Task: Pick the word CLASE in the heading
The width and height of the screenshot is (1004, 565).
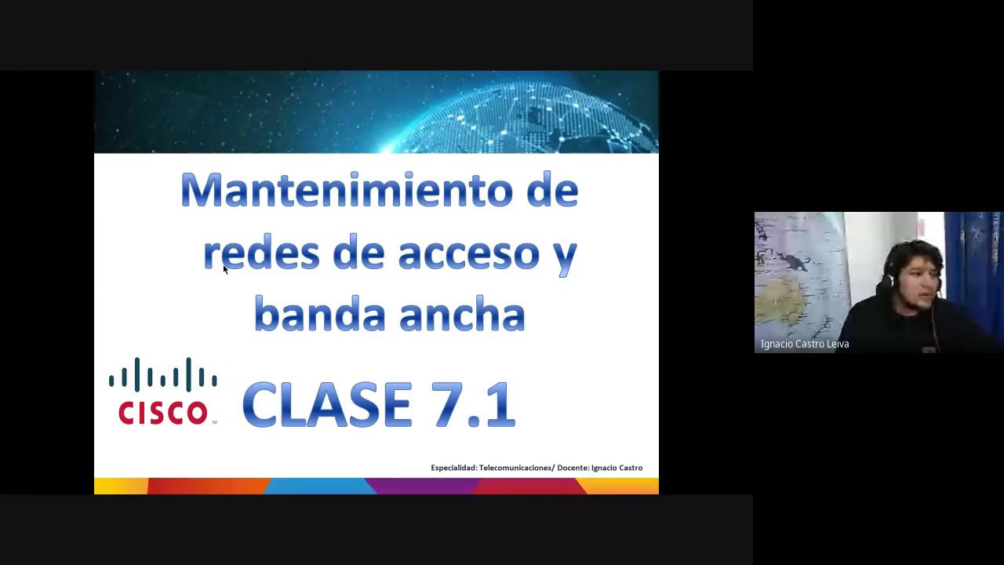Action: tap(327, 405)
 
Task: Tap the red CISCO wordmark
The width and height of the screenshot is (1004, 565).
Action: tap(163, 412)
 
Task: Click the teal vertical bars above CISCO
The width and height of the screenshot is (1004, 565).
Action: tap(163, 374)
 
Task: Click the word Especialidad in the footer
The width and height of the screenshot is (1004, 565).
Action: tap(453, 468)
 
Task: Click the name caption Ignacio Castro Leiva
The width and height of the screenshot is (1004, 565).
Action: tap(805, 344)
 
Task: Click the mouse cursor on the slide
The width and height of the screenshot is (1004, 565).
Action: tap(225, 269)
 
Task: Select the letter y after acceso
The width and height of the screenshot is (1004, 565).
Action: tap(565, 255)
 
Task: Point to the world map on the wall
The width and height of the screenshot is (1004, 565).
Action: tap(796, 275)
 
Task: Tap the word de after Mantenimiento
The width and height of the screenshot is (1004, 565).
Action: tap(552, 191)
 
